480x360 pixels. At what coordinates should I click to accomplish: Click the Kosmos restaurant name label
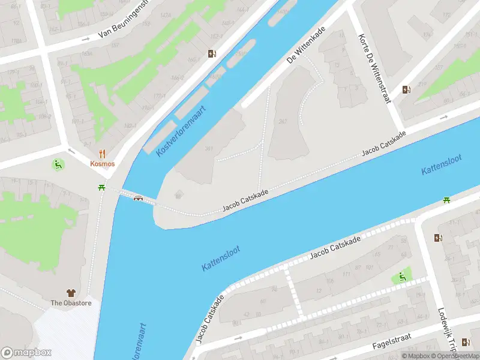(102, 164)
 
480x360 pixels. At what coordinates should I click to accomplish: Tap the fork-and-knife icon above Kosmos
(102, 154)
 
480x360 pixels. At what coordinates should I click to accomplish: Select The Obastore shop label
(71, 303)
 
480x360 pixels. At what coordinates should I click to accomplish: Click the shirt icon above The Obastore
(71, 293)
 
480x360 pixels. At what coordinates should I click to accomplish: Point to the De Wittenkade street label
(306, 44)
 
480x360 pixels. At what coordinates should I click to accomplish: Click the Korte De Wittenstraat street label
(374, 67)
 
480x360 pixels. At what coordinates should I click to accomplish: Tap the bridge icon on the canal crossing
(139, 199)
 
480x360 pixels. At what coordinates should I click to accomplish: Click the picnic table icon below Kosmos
(102, 188)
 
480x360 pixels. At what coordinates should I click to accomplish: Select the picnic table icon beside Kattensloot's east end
(446, 200)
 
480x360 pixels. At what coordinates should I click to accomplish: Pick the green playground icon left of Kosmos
(58, 164)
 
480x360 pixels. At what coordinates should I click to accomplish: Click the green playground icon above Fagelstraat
(401, 277)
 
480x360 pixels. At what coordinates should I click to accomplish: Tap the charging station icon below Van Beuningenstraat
(212, 54)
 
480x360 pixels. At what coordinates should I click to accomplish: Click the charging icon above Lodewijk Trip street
(437, 238)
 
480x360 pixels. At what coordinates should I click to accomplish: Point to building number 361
(209, 149)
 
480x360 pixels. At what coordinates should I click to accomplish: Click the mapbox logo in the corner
(26, 353)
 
